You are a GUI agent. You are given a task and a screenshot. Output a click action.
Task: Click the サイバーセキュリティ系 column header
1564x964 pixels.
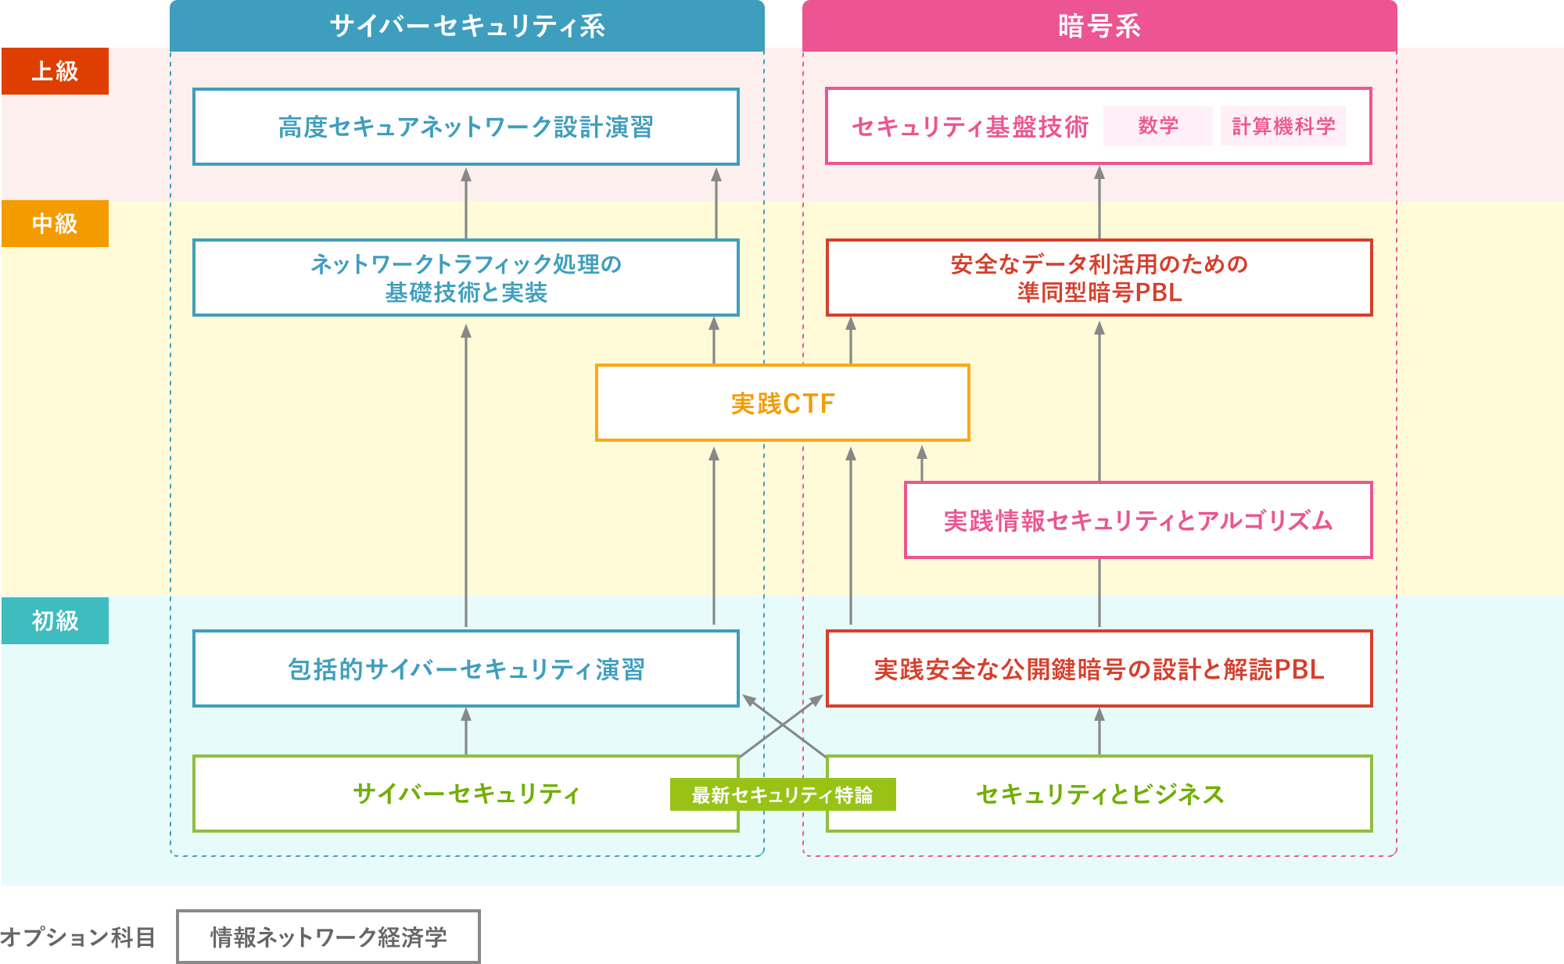pyautogui.click(x=467, y=26)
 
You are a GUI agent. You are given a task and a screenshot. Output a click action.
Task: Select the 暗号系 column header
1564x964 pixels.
pyautogui.click(x=1099, y=26)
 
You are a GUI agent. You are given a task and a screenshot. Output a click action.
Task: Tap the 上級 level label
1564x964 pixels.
pyautogui.click(x=55, y=71)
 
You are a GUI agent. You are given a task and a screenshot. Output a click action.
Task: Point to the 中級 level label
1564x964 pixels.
pyautogui.click(x=55, y=224)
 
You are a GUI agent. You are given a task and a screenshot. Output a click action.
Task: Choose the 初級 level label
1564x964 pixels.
pyautogui.click(x=55, y=621)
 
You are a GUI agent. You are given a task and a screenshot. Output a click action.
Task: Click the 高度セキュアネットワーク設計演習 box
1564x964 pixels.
pyautogui.click(x=466, y=127)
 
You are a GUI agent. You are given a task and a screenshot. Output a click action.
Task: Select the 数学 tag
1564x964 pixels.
pyautogui.click(x=1157, y=126)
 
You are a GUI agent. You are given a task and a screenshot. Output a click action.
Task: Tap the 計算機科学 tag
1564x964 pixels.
pyautogui.click(x=1282, y=126)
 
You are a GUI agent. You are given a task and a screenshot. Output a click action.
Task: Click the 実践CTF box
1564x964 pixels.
pyautogui.click(x=782, y=403)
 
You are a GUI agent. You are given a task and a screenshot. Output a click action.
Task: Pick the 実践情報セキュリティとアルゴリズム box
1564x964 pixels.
pyautogui.click(x=1138, y=521)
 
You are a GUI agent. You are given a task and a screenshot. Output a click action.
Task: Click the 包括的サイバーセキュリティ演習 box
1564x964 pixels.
pyautogui.click(x=466, y=669)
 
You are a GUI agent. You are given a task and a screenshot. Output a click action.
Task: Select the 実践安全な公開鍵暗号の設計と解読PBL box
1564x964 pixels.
pyautogui.click(x=1099, y=669)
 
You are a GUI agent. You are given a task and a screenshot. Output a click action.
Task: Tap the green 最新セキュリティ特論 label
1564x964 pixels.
pyautogui.click(x=782, y=794)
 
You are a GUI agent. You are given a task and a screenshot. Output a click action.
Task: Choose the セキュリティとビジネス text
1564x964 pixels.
pyautogui.click(x=1099, y=794)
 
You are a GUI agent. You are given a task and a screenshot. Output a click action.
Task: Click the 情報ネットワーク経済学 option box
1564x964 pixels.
pyautogui.click(x=328, y=937)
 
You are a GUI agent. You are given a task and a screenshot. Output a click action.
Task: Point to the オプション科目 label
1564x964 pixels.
pyautogui.click(x=77, y=937)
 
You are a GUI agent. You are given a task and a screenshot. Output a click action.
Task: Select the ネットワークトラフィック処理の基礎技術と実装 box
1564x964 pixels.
pyautogui.click(x=466, y=278)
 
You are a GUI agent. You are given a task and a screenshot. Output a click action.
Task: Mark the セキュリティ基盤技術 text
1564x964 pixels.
pyautogui.click(x=970, y=127)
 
